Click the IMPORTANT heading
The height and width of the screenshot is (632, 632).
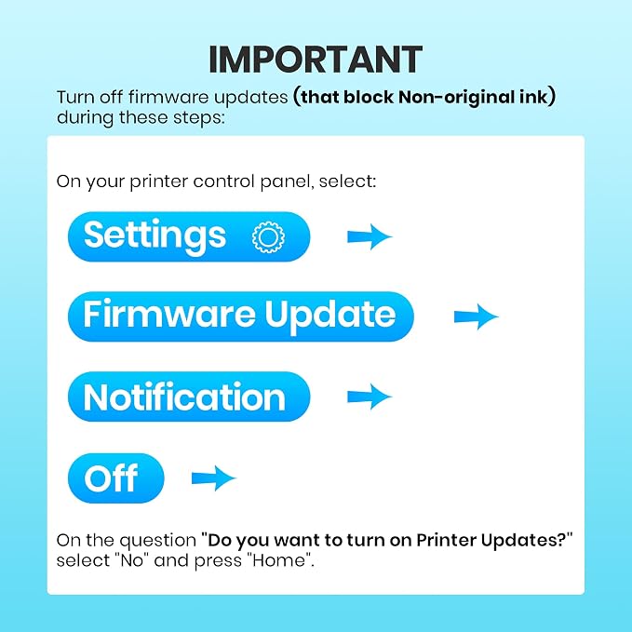coord(316,60)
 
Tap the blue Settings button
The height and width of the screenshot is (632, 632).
coord(189,236)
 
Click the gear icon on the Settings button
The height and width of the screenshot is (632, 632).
coord(268,237)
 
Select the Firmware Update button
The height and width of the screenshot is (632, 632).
coord(241,316)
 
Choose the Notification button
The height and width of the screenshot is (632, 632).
coord(189,397)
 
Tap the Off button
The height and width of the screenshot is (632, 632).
coord(116,478)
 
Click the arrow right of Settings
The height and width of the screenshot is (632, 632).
coord(370,237)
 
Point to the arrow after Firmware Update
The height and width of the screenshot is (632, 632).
coord(476,316)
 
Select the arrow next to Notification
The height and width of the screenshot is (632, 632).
coord(370,397)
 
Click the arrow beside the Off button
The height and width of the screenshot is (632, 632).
coord(214,478)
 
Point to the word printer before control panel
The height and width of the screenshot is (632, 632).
coord(158,182)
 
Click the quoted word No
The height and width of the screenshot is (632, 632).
coord(132,560)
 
